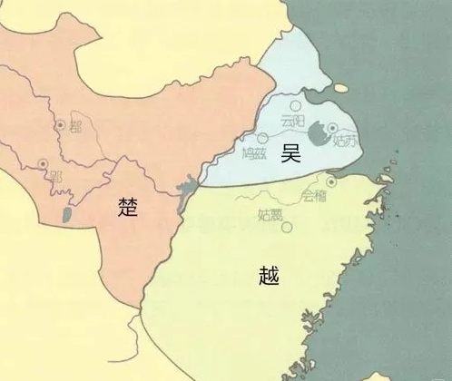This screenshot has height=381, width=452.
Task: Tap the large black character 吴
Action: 290,153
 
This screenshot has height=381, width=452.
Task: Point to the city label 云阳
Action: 294,121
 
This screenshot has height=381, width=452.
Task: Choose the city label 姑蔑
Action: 271,215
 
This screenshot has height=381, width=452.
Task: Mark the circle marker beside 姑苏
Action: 333,129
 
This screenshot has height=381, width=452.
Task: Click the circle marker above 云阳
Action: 296,106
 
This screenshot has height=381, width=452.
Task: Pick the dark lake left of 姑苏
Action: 316,134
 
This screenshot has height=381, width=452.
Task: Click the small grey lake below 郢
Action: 65,216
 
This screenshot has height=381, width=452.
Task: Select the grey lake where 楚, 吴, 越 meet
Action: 188,193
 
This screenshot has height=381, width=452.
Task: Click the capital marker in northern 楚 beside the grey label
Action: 60,124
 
